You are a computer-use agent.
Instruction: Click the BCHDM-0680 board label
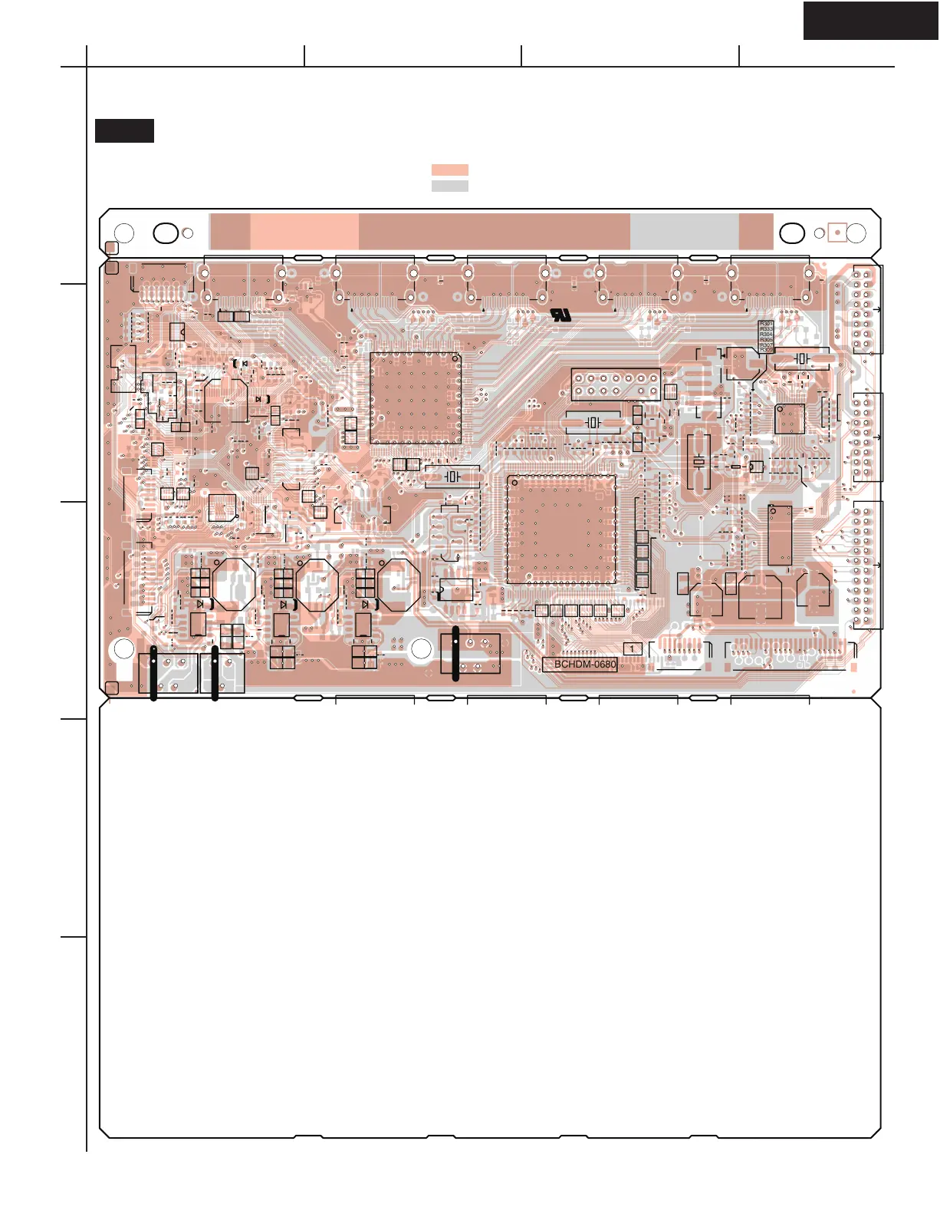point(585,665)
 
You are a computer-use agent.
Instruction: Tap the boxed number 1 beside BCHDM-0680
point(632,649)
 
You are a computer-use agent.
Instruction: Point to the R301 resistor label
point(766,325)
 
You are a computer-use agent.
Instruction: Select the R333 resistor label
point(766,330)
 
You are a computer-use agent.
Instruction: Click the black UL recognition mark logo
point(561,315)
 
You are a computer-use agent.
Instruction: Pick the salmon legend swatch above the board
point(449,170)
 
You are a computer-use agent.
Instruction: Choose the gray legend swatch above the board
point(449,186)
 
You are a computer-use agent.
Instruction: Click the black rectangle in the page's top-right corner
point(870,20)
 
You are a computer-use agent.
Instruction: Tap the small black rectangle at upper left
point(124,130)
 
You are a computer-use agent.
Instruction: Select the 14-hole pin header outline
point(615,384)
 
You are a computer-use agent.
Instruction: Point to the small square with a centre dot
point(837,232)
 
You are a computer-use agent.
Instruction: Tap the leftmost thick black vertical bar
point(154,673)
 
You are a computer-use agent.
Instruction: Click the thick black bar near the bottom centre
point(456,654)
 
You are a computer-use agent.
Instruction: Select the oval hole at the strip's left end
point(166,233)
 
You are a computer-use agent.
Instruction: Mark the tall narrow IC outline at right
point(780,535)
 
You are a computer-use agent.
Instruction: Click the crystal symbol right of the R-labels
point(802,358)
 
